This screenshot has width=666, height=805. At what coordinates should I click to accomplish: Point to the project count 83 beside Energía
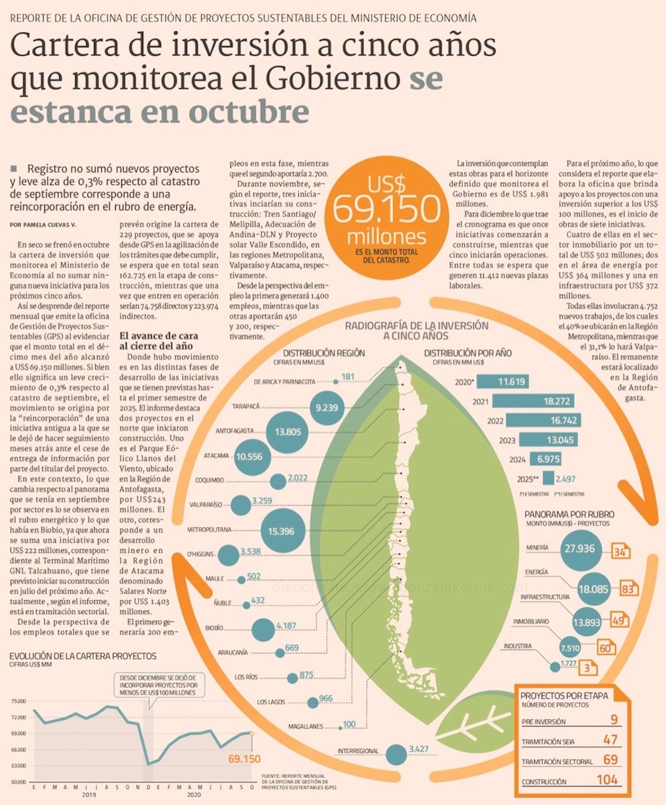[627, 589]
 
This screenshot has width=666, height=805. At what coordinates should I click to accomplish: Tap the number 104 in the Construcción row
[607, 780]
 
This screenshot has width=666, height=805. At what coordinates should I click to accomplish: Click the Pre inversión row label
[544, 721]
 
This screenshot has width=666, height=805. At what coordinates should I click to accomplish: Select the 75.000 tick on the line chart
[18, 701]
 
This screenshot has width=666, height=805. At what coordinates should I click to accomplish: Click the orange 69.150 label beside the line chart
[244, 758]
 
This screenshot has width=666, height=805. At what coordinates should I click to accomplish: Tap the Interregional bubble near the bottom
[397, 754]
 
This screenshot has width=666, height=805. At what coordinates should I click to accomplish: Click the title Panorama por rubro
[569, 514]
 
